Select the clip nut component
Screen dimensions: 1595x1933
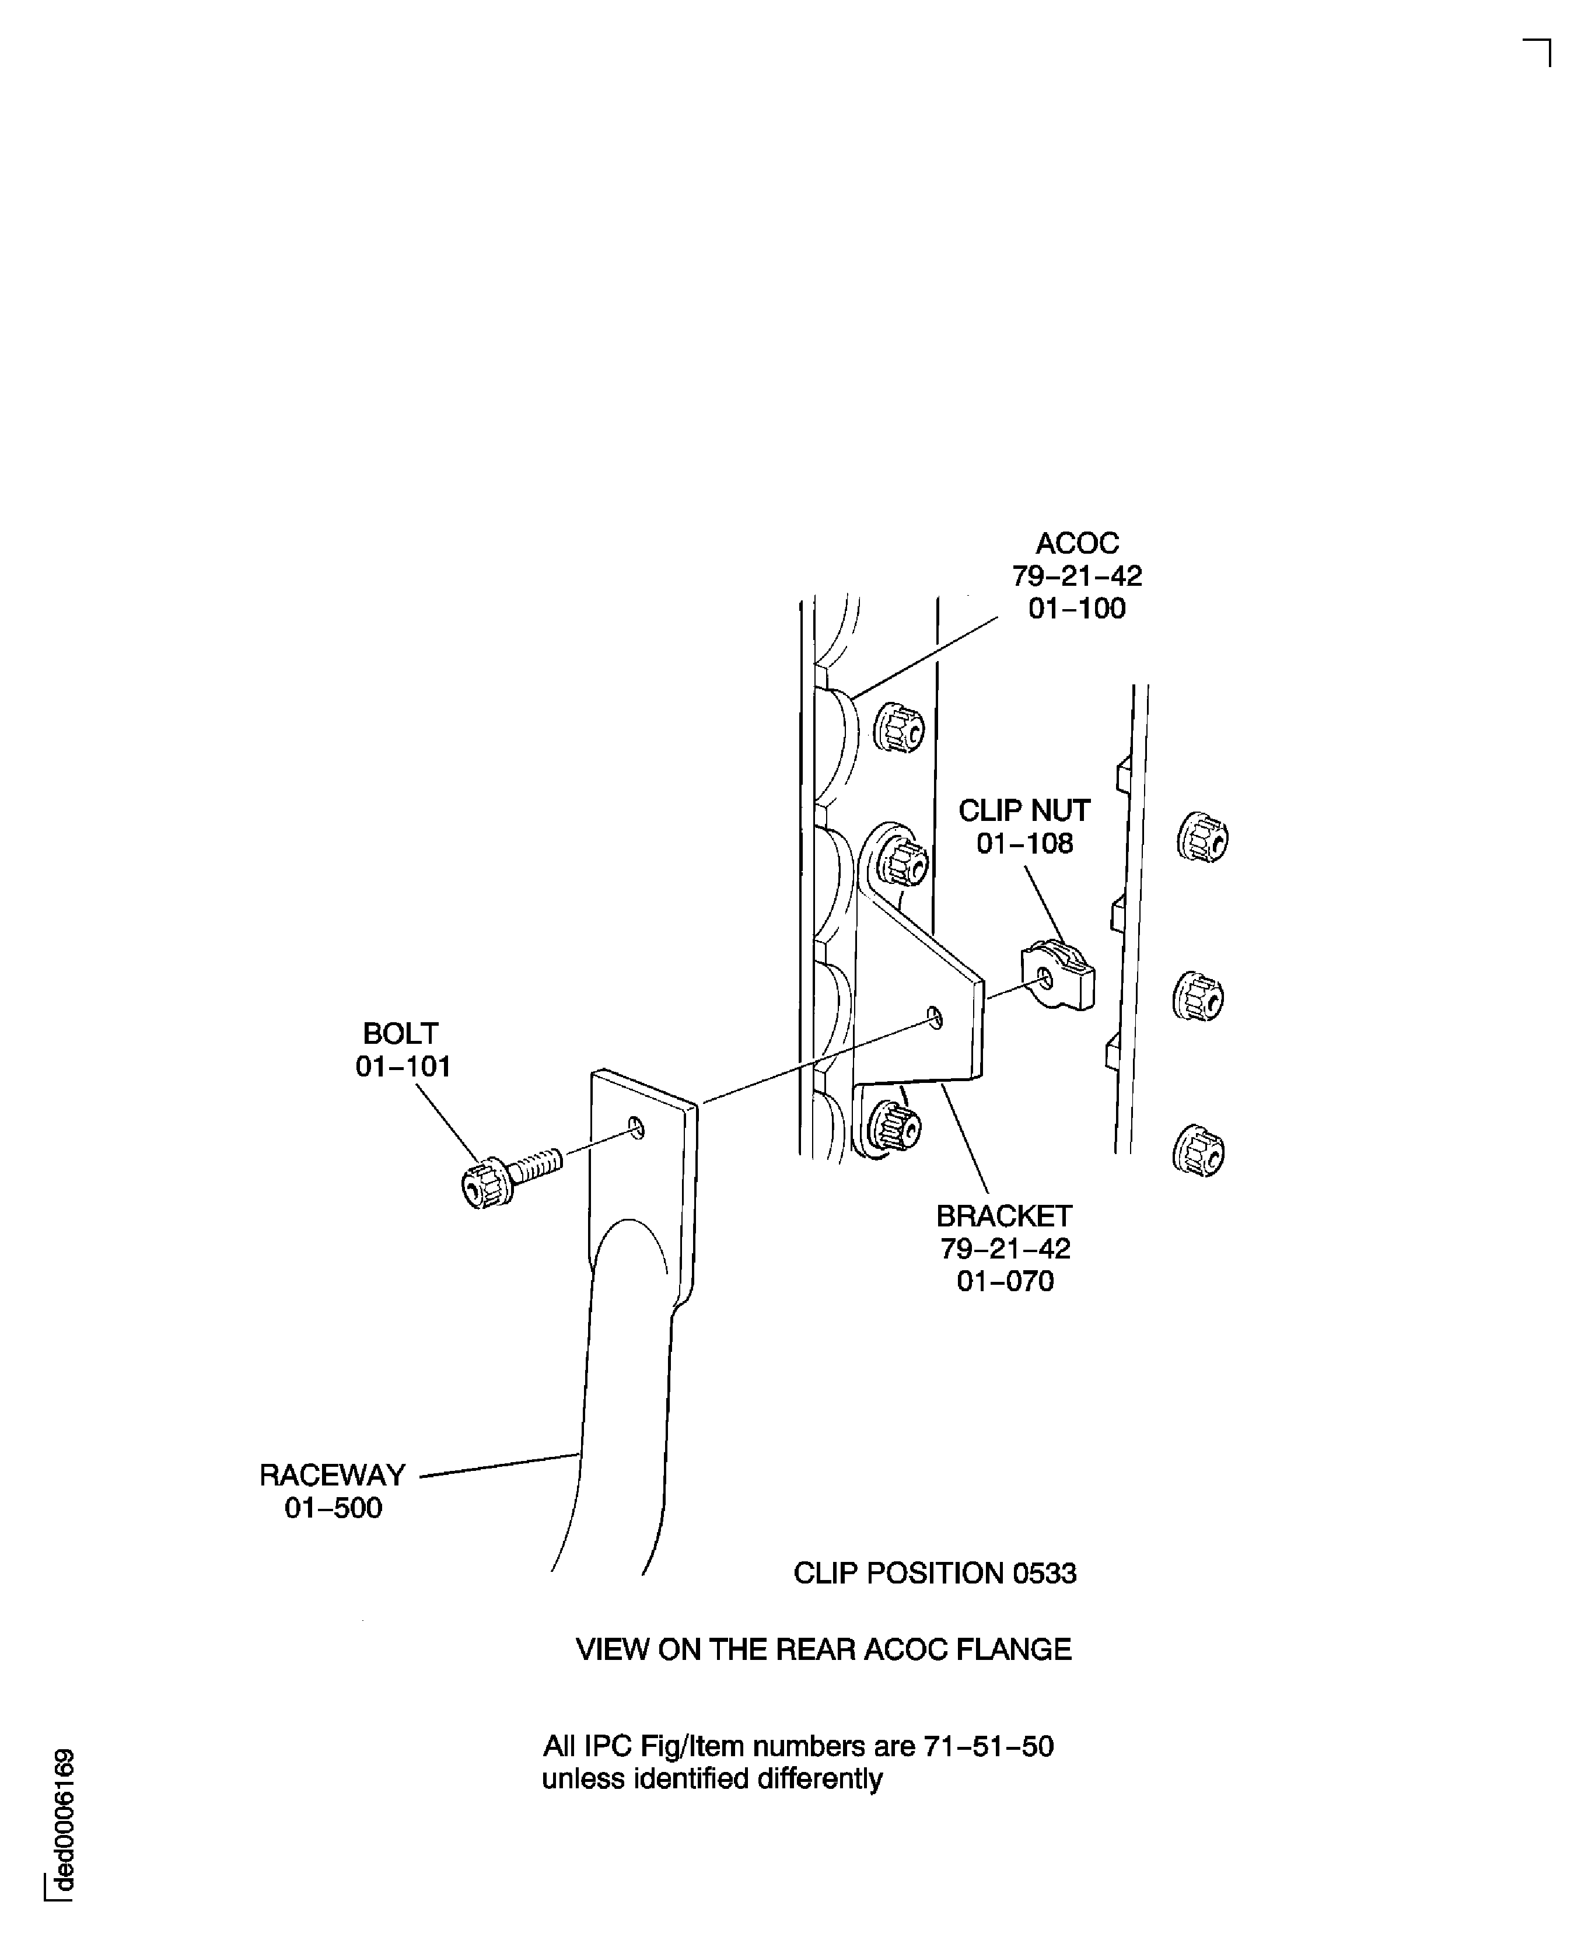tap(1058, 976)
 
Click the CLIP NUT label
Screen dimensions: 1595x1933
tap(1024, 810)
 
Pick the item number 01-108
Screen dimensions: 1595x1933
tap(1024, 844)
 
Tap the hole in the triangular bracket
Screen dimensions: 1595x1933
tap(935, 1017)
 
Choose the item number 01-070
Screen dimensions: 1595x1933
tap(1005, 1281)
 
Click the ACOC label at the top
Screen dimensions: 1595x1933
tap(1077, 543)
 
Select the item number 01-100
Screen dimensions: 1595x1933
tap(1077, 608)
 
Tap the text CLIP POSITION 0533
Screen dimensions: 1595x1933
tap(935, 1573)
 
